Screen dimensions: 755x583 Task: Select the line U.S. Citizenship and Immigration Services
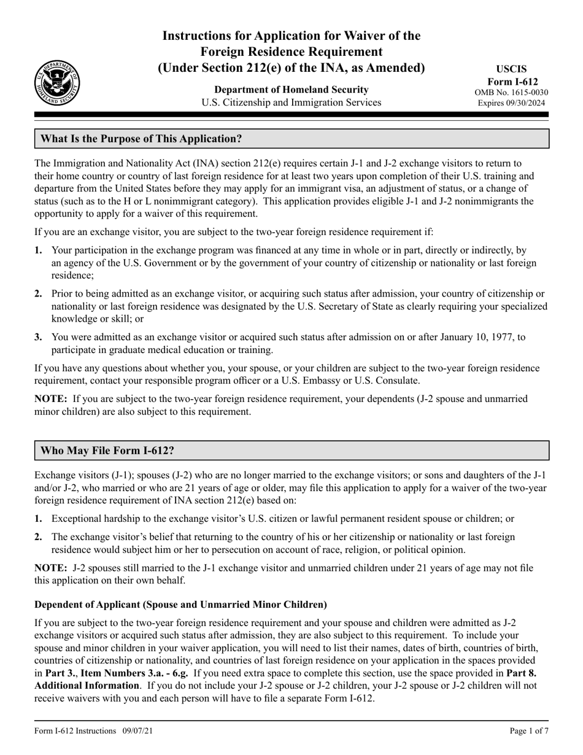click(x=291, y=103)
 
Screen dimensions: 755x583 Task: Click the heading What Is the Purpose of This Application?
click(x=141, y=139)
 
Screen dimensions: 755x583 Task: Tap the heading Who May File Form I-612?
click(x=107, y=451)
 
